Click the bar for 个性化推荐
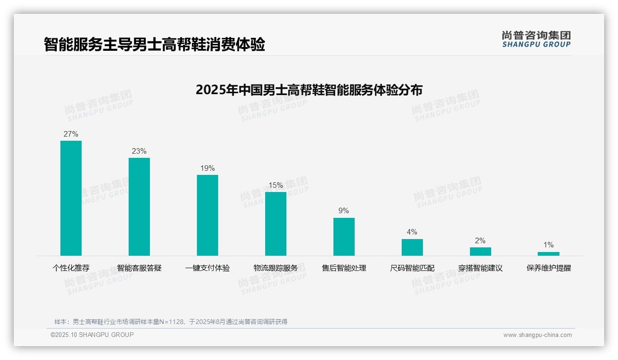[71, 198]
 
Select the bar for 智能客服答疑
[139, 207]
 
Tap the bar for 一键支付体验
[208, 215]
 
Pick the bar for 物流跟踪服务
[276, 224]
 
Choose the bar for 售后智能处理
[344, 237]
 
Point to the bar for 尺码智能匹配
[412, 247]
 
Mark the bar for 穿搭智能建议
[481, 252]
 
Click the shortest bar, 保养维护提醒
[548, 254]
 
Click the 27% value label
[71, 134]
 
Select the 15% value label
[276, 186]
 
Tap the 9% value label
[344, 211]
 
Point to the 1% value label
[548, 245]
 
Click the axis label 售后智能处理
[344, 268]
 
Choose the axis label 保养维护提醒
[549, 268]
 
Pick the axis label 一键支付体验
[208, 268]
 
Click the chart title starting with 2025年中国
[309, 90]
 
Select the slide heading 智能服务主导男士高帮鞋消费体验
[154, 44]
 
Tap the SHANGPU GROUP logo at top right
[536, 39]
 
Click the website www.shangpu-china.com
[537, 335]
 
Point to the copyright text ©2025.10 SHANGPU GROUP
[92, 335]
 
